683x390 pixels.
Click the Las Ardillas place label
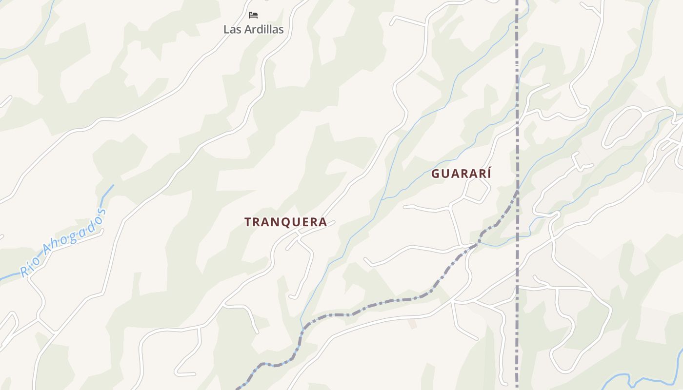pos(253,29)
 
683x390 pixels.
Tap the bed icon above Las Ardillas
pos(253,15)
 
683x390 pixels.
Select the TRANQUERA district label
pos(285,222)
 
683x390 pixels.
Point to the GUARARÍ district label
pos(461,174)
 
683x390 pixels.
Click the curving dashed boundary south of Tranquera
pos(371,307)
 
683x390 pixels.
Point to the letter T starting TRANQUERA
pos(248,222)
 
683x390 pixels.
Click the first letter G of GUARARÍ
pos(436,174)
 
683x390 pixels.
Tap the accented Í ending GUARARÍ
pos(488,173)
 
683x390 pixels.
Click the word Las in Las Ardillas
pos(232,29)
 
